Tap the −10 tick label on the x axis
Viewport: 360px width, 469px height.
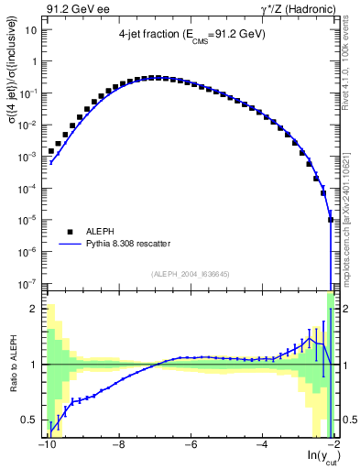point(45,445)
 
